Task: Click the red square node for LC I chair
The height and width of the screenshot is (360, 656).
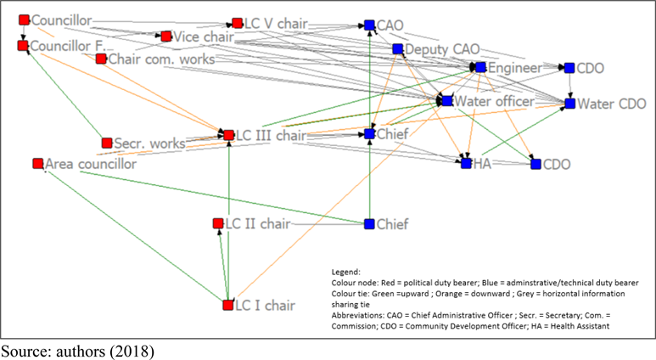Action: pyautogui.click(x=227, y=305)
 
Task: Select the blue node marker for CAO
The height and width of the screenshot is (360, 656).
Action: pyautogui.click(x=369, y=26)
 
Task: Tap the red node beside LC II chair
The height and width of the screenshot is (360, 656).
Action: pyautogui.click(x=218, y=224)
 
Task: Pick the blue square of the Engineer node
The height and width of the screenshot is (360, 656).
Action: pyautogui.click(x=480, y=67)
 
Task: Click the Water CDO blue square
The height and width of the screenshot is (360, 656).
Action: pyautogui.click(x=570, y=104)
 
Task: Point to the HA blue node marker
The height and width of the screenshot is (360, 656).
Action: pyautogui.click(x=466, y=163)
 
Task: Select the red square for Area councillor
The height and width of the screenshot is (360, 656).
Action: pyautogui.click(x=37, y=163)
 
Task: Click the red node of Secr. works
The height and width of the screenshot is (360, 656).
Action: pyautogui.click(x=107, y=143)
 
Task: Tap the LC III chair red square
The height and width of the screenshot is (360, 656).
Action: pyautogui.click(x=227, y=134)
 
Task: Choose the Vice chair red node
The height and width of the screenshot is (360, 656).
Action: pyautogui.click(x=166, y=37)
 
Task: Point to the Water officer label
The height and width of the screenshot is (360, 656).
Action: pyautogui.click(x=494, y=102)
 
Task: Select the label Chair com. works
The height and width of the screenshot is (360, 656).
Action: pyautogui.click(x=160, y=59)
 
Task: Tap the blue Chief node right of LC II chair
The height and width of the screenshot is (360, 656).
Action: pyautogui.click(x=369, y=224)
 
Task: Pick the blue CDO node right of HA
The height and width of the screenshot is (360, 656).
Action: pyautogui.click(x=535, y=164)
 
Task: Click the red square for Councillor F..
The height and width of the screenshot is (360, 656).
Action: pyautogui.click(x=23, y=45)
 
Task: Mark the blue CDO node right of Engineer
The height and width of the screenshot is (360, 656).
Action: pyautogui.click(x=569, y=68)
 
